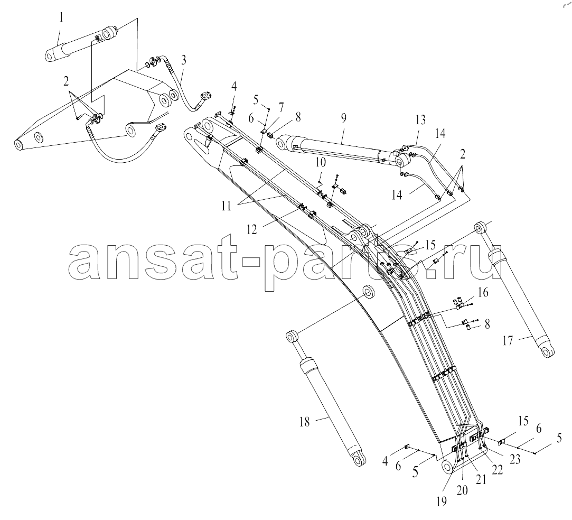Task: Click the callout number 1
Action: click(61, 17)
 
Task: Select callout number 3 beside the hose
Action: click(183, 60)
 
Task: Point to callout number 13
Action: click(420, 120)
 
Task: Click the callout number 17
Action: click(508, 341)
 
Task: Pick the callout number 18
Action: click(304, 422)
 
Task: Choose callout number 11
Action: click(226, 206)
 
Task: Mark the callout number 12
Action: click(251, 229)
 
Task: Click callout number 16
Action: click(483, 293)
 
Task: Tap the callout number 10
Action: click(321, 163)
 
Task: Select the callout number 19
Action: click(442, 502)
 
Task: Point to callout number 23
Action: click(515, 459)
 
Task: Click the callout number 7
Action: click(280, 108)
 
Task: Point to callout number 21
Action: click(481, 479)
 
